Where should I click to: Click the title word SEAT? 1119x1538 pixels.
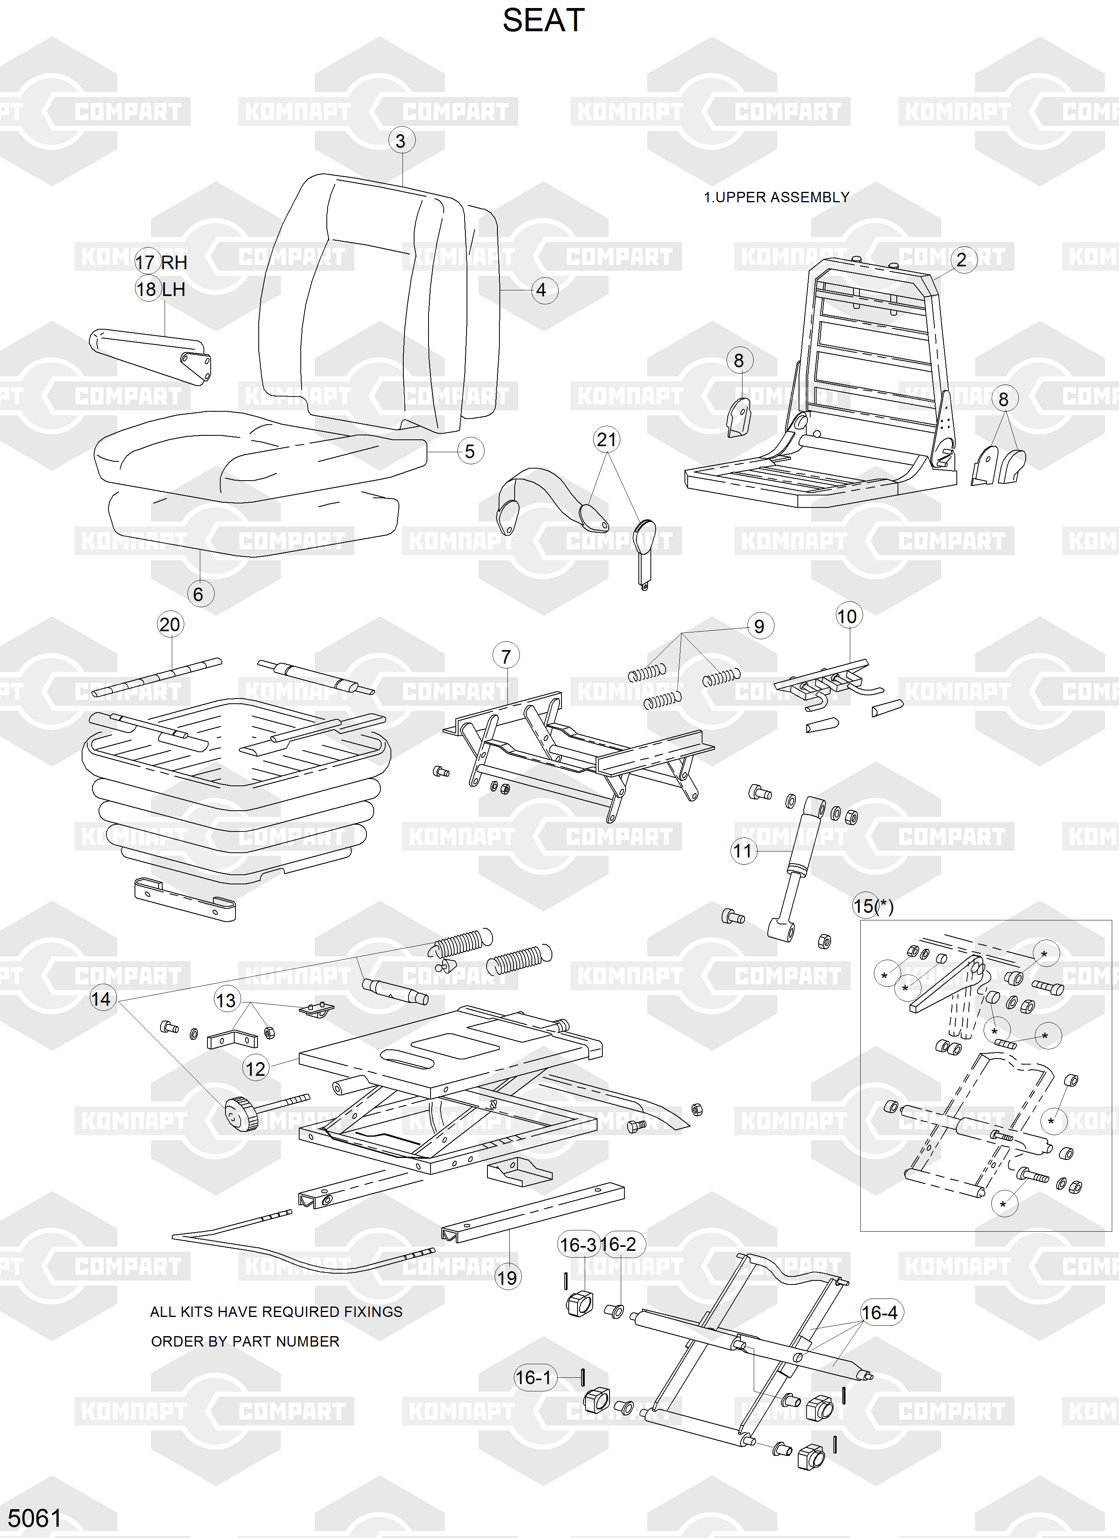(x=543, y=21)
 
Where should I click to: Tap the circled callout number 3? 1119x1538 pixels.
(x=401, y=141)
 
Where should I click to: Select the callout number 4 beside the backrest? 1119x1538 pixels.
(x=541, y=290)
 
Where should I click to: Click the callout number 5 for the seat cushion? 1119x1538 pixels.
(x=469, y=452)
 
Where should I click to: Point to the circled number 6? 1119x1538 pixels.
(x=198, y=594)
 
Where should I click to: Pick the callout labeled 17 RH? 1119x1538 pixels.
(x=161, y=262)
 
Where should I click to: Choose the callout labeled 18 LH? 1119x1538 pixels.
(x=161, y=290)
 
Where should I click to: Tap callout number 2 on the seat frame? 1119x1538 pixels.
(x=961, y=260)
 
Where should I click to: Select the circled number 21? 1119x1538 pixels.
(x=606, y=440)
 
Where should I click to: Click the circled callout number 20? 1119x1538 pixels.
(x=169, y=624)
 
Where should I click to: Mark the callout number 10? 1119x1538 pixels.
(x=847, y=616)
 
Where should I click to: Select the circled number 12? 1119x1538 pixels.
(x=255, y=1069)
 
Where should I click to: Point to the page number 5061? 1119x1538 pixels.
(x=34, y=1518)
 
